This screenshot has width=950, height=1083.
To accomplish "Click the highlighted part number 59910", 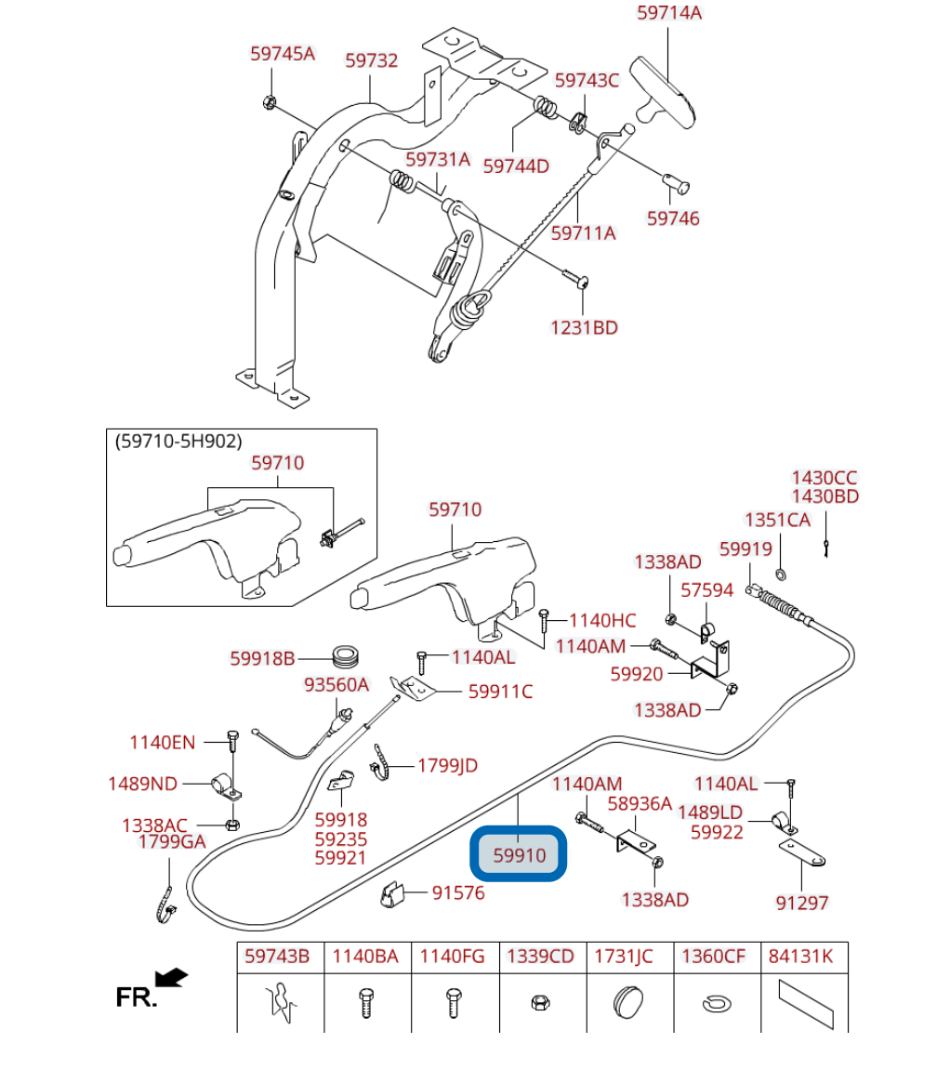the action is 520,855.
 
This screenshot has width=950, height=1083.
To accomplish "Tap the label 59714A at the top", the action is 669,13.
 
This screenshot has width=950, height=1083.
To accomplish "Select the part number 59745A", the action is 283,54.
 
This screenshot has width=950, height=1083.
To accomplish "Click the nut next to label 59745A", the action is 270,103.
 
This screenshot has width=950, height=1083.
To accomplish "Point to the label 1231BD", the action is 584,327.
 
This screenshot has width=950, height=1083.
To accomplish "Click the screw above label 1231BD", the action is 574,278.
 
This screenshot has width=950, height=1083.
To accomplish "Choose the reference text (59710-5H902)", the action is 178,442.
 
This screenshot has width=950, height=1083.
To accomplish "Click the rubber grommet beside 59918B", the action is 345,657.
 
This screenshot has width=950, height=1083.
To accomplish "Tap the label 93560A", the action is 336,684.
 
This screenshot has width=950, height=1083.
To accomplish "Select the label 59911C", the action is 500,692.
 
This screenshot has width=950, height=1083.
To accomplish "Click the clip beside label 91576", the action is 392,894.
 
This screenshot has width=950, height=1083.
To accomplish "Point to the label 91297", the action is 801,903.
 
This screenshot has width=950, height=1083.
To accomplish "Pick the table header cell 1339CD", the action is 541,957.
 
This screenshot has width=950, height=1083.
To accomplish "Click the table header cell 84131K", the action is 801,957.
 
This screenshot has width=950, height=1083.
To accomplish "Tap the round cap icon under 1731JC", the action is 628,1001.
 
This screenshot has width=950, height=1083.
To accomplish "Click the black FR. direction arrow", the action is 171,977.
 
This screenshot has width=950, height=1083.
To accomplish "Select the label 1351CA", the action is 777,520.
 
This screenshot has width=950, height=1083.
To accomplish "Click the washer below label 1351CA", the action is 781,574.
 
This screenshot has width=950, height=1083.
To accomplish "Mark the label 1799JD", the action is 447,765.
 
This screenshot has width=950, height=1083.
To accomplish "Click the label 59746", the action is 673,218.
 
